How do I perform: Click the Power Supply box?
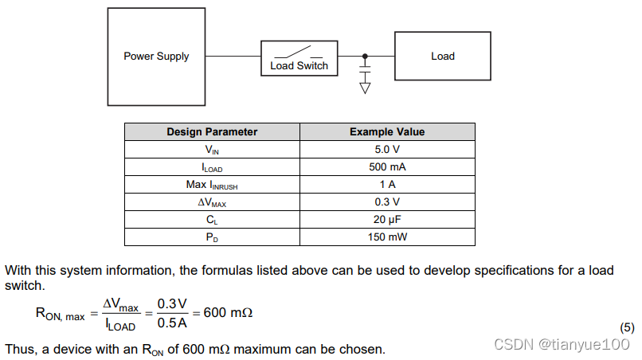click(156, 57)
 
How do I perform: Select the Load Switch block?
click(299, 58)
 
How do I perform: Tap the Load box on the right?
click(442, 56)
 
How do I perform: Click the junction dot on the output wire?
click(365, 56)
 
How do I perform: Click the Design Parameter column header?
click(212, 132)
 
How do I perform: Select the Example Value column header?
click(387, 132)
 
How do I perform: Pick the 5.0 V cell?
click(387, 149)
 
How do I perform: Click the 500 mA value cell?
click(387, 166)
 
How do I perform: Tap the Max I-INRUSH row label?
click(212, 185)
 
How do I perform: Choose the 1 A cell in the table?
click(387, 184)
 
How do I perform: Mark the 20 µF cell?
click(387, 219)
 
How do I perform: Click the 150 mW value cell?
click(387, 237)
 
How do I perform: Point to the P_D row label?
click(212, 237)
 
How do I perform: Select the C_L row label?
click(212, 220)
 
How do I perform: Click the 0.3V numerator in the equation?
click(171, 303)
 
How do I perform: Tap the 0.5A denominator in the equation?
click(171, 323)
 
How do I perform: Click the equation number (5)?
click(627, 327)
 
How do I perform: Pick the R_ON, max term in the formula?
click(60, 314)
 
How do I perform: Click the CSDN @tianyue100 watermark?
click(562, 344)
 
